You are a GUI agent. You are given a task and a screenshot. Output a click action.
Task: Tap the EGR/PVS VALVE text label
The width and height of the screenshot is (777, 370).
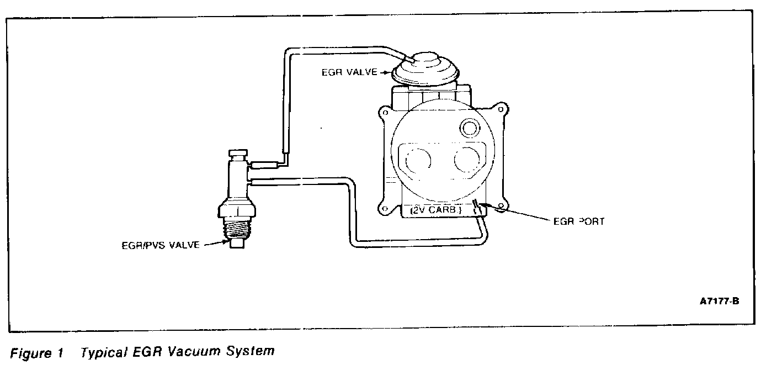point(161,245)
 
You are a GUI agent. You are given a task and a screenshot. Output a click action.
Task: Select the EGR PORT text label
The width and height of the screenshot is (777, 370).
point(579,221)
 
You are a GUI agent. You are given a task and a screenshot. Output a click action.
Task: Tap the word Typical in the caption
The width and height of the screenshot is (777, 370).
point(100,352)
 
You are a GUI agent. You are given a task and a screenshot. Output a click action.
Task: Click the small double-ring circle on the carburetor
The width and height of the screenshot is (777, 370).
point(471,129)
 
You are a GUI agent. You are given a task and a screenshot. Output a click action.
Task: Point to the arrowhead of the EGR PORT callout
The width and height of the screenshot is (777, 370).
point(483,207)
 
